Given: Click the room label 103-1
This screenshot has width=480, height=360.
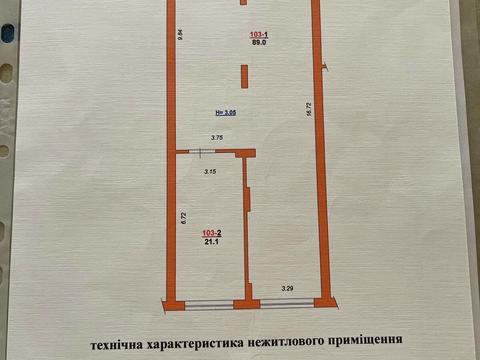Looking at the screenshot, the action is [x=258, y=35].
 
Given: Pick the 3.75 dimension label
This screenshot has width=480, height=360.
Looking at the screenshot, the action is [x=216, y=137].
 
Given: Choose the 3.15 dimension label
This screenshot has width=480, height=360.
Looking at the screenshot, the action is [x=210, y=172].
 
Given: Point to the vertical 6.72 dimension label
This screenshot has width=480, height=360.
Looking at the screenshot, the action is [x=183, y=216].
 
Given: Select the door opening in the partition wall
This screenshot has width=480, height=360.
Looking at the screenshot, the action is [x=201, y=152].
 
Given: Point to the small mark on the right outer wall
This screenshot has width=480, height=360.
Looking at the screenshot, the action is [x=325, y=65].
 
